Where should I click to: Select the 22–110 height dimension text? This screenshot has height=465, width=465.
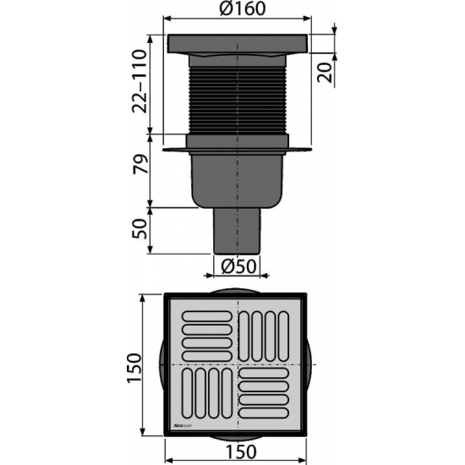tap(141, 80)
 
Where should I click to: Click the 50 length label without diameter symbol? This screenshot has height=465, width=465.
tap(141, 227)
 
